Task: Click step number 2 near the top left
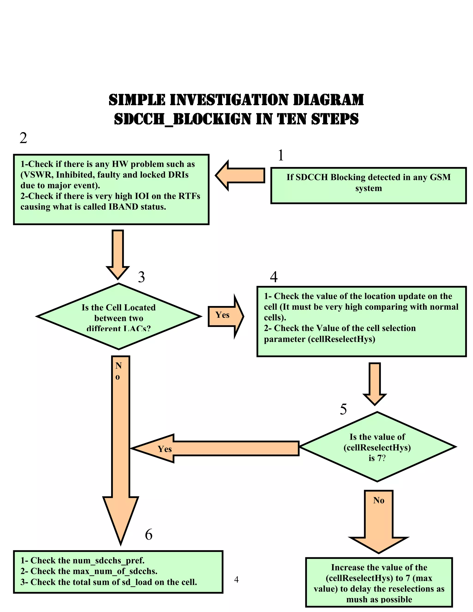click(23, 138)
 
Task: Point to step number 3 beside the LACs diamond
click(141, 277)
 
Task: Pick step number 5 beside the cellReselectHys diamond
click(343, 409)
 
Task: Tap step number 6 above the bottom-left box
click(149, 535)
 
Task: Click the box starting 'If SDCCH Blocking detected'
click(368, 185)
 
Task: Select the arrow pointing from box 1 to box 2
click(240, 176)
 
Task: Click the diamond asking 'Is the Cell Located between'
click(118, 317)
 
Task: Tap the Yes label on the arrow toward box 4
click(222, 315)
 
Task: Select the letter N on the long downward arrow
click(118, 365)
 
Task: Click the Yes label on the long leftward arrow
click(164, 449)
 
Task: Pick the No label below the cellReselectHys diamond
click(379, 500)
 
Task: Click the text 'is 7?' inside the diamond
click(377, 458)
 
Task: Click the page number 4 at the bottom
click(236, 579)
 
